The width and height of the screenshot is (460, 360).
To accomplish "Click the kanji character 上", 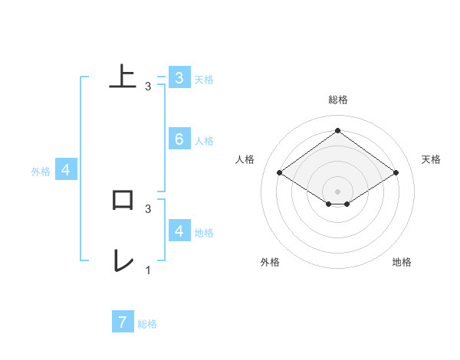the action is pyautogui.click(x=123, y=76).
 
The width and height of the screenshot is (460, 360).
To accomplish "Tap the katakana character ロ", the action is pyautogui.click(x=123, y=200).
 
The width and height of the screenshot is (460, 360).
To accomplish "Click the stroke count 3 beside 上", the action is pyautogui.click(x=148, y=87).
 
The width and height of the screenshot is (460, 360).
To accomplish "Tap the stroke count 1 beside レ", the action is pyautogui.click(x=148, y=270).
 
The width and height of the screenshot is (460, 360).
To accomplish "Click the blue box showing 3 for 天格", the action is pyautogui.click(x=179, y=78).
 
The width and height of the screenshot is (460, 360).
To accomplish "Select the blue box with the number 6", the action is pyautogui.click(x=179, y=139).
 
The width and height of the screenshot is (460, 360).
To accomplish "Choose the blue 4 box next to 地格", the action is pyautogui.click(x=179, y=231).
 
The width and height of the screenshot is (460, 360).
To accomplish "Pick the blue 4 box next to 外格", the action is pyautogui.click(x=66, y=170).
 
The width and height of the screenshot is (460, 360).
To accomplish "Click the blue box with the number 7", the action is pyautogui.click(x=123, y=322).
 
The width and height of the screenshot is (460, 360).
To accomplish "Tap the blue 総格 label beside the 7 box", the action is pyautogui.click(x=147, y=324).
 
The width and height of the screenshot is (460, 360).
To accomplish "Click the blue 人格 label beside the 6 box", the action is pyautogui.click(x=204, y=141).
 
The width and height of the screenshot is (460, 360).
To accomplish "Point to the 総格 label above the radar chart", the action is pyautogui.click(x=338, y=100).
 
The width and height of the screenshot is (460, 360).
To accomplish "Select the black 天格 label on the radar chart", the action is pyautogui.click(x=431, y=159).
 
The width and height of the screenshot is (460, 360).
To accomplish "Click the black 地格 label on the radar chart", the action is pyautogui.click(x=402, y=262).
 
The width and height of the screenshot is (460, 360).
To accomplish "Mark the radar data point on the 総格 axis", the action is pyautogui.click(x=337, y=131).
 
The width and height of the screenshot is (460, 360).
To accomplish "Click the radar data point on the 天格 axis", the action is pyautogui.click(x=396, y=173).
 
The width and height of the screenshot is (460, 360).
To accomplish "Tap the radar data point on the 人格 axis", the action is pyautogui.click(x=280, y=173).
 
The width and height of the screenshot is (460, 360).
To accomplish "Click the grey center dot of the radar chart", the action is pyautogui.click(x=337, y=190).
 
